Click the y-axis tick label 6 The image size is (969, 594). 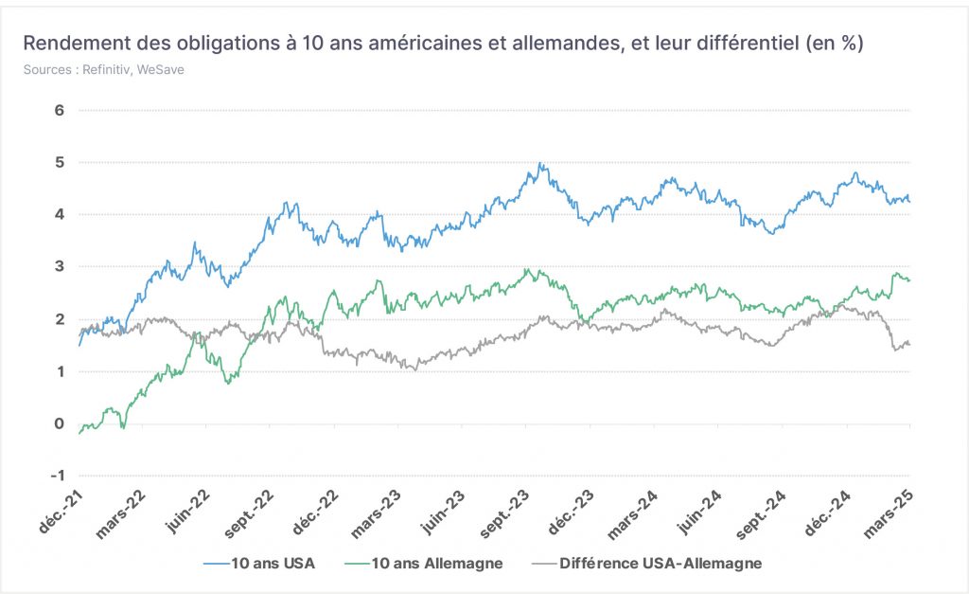pyautogui.click(x=60, y=110)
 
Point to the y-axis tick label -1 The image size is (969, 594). pyautogui.click(x=58, y=476)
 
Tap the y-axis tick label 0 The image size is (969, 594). pyautogui.click(x=60, y=423)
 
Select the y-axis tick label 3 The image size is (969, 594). pyautogui.click(x=60, y=266)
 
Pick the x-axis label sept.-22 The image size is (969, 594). pyautogui.click(x=249, y=514)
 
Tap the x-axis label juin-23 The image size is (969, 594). pyautogui.click(x=443, y=513)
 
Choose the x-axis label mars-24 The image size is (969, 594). pyautogui.click(x=633, y=514)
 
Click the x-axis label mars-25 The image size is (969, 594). pyautogui.click(x=889, y=514)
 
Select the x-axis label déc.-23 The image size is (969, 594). pyautogui.click(x=571, y=513)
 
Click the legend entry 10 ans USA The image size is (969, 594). pyautogui.click(x=259, y=563)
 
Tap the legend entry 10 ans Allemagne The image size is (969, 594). pyautogui.click(x=424, y=563)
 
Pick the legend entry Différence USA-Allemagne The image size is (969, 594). pyautogui.click(x=647, y=563)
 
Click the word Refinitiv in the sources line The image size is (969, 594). pyautogui.click(x=106, y=70)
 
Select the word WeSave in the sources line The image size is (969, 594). pyautogui.click(x=161, y=70)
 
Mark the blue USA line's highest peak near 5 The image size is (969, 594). pyautogui.click(x=540, y=163)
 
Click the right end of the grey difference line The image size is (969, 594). pyautogui.click(x=909, y=344)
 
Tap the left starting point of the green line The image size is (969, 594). pyautogui.click(x=79, y=433)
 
